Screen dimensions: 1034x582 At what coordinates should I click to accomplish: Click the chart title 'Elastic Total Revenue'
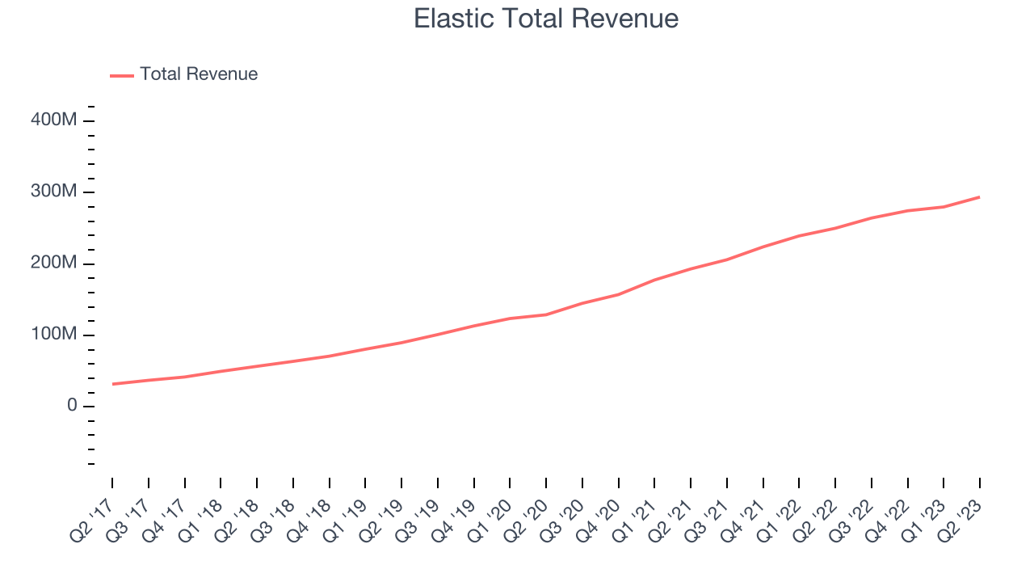546,19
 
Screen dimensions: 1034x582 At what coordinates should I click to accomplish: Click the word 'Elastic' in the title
453,19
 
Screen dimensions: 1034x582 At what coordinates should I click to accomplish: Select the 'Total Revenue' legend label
199,74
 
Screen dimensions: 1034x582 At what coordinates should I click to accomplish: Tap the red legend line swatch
122,76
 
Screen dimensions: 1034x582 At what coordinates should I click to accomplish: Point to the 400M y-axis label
53,120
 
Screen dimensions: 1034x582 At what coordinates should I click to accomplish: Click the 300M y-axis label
53,191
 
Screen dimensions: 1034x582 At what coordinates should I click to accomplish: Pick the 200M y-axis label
53,263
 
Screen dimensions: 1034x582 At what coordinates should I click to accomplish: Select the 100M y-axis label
53,334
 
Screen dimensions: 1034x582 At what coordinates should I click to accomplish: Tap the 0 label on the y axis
72,405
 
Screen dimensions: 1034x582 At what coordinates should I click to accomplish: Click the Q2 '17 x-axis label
91,521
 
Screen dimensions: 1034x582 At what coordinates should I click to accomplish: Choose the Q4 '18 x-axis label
309,521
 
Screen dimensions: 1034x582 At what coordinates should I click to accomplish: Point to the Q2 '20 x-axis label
525,521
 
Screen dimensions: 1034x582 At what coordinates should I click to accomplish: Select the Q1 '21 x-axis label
634,521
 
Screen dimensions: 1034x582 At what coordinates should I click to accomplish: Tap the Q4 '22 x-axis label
887,521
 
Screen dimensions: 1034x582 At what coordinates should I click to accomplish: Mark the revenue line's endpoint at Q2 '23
980,197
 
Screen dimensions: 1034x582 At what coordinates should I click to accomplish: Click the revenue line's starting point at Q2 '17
112,384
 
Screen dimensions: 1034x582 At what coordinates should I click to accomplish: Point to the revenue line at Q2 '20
546,315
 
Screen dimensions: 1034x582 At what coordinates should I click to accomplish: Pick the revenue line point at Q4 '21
763,247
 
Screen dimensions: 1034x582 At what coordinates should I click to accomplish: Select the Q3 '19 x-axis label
417,521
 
